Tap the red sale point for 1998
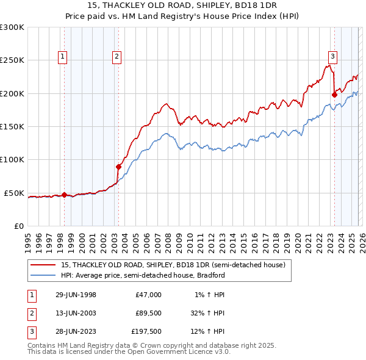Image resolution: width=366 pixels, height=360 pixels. (65, 195)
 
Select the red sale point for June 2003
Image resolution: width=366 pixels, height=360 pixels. (118, 167)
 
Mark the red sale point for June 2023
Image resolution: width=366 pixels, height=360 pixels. (334, 95)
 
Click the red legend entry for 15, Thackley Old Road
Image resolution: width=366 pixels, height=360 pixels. (173, 265)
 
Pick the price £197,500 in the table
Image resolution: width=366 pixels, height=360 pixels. (146, 333)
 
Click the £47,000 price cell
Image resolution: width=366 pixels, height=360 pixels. (148, 295)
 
